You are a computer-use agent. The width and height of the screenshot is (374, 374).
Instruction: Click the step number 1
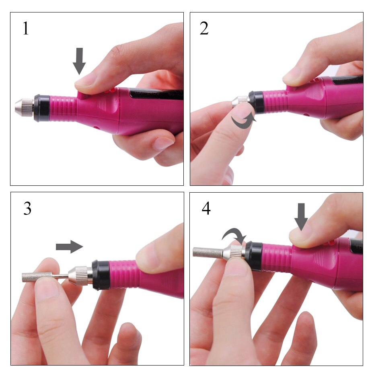pos(26,29)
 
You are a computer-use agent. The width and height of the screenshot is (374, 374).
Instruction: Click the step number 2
pos(204,29)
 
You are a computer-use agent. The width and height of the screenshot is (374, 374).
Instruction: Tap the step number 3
pos(27,209)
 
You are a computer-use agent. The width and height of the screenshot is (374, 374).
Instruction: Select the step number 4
pos(206,209)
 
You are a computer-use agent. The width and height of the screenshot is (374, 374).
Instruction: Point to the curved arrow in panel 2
pos(242,121)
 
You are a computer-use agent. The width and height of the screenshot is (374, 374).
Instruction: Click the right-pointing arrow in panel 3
pos(70,247)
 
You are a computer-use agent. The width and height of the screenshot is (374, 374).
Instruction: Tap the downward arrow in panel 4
pos(301,216)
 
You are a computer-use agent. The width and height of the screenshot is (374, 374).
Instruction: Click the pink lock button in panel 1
pos(84,96)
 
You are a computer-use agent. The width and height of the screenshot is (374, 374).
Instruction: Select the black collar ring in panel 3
pos(101,275)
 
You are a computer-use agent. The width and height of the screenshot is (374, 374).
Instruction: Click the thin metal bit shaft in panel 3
pos(60,276)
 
